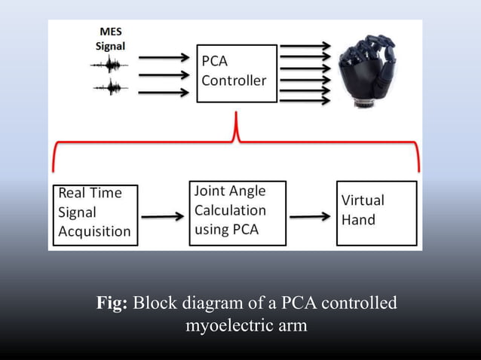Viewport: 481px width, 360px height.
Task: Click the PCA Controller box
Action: click(237, 74)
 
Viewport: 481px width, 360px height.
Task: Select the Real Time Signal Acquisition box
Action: click(95, 214)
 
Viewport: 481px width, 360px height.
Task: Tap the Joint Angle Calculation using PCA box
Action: click(237, 212)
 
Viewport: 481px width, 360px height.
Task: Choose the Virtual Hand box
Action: click(375, 212)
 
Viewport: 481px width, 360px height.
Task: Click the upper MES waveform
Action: click(107, 66)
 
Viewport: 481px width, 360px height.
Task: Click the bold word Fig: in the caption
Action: click(113, 305)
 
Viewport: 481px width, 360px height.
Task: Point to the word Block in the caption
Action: click(159, 305)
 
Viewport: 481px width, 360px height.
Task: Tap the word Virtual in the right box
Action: click(363, 201)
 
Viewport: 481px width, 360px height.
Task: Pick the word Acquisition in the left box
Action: click(94, 232)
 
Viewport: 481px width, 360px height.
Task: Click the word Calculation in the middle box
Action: click(230, 210)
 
